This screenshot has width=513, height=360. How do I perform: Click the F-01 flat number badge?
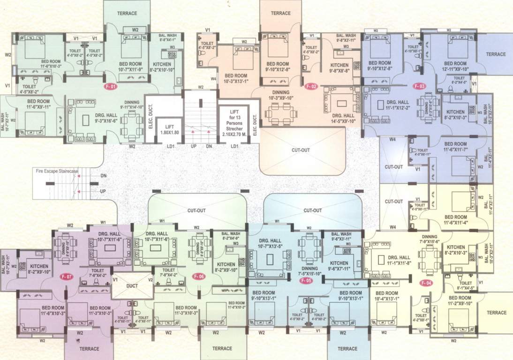tap(109, 86)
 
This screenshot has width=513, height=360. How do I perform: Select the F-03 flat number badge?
tap(419, 86)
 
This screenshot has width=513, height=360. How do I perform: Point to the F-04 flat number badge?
tap(426, 283)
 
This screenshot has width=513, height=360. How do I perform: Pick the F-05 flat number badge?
tap(306, 280)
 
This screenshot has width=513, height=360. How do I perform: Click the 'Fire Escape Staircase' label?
tap(57, 172)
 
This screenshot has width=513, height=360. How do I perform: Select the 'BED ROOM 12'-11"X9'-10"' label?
tap(454, 66)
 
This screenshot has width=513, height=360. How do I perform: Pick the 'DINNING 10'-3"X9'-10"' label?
tap(280, 95)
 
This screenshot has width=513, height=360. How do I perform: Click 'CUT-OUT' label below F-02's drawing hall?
tap(301, 150)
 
